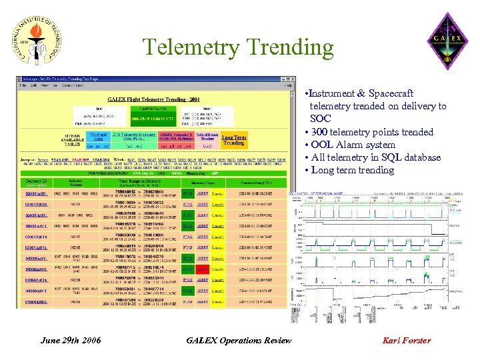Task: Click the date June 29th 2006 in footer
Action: [x=71, y=341]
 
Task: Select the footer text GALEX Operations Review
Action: [x=239, y=341]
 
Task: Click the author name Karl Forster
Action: [x=407, y=341]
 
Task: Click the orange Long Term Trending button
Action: [x=233, y=140]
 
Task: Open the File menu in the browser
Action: [x=23, y=85]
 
